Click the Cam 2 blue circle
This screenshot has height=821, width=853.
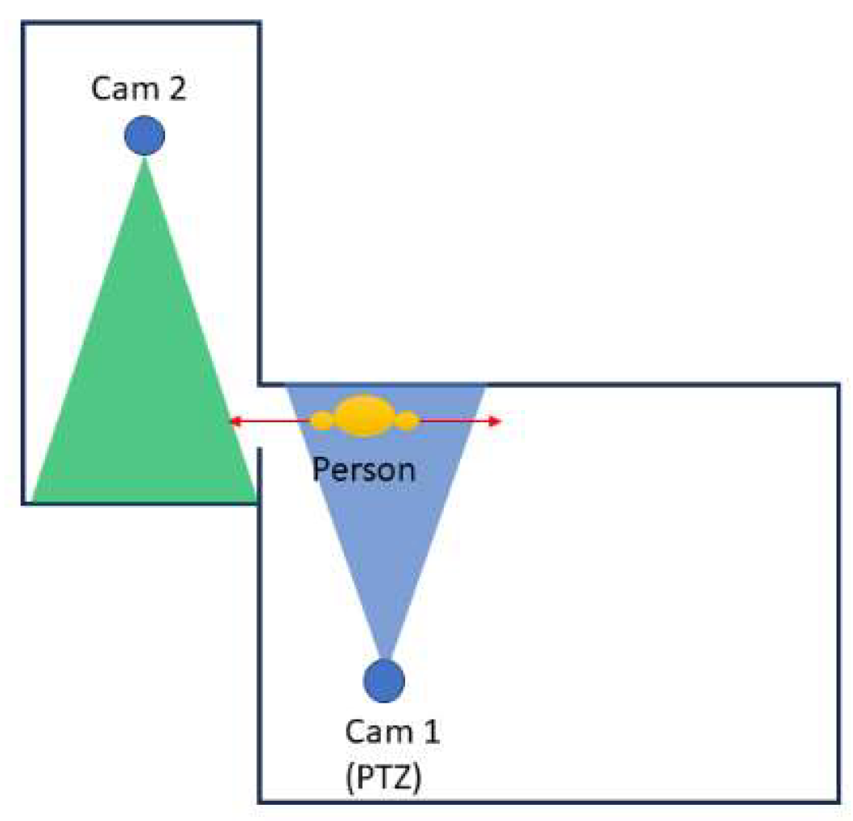point(145,135)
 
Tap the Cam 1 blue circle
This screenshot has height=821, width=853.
point(384,680)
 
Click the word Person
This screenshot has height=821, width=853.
point(364,468)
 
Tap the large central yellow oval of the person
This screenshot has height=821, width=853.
point(365,417)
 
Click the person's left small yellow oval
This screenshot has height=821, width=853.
point(322,420)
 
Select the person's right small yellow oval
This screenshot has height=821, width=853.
point(408,420)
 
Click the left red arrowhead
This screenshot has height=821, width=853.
point(234,421)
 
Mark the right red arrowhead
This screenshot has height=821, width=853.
point(497,421)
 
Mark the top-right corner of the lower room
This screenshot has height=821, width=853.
point(838,385)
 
